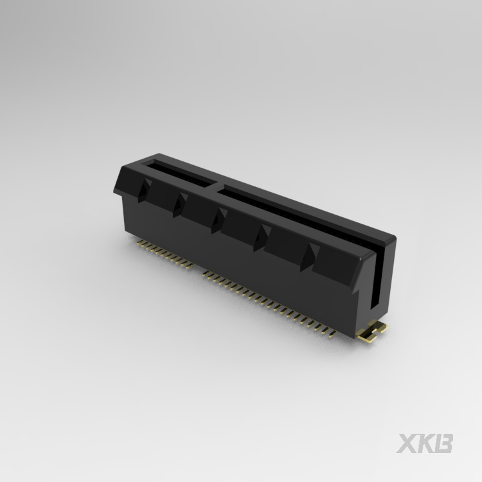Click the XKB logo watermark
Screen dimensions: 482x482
pyautogui.click(x=425, y=443)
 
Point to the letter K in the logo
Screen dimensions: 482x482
pyautogui.click(x=425, y=443)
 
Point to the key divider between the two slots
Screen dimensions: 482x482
pyautogui.click(x=217, y=187)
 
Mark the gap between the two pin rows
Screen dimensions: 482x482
pyautogui.click(x=199, y=269)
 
